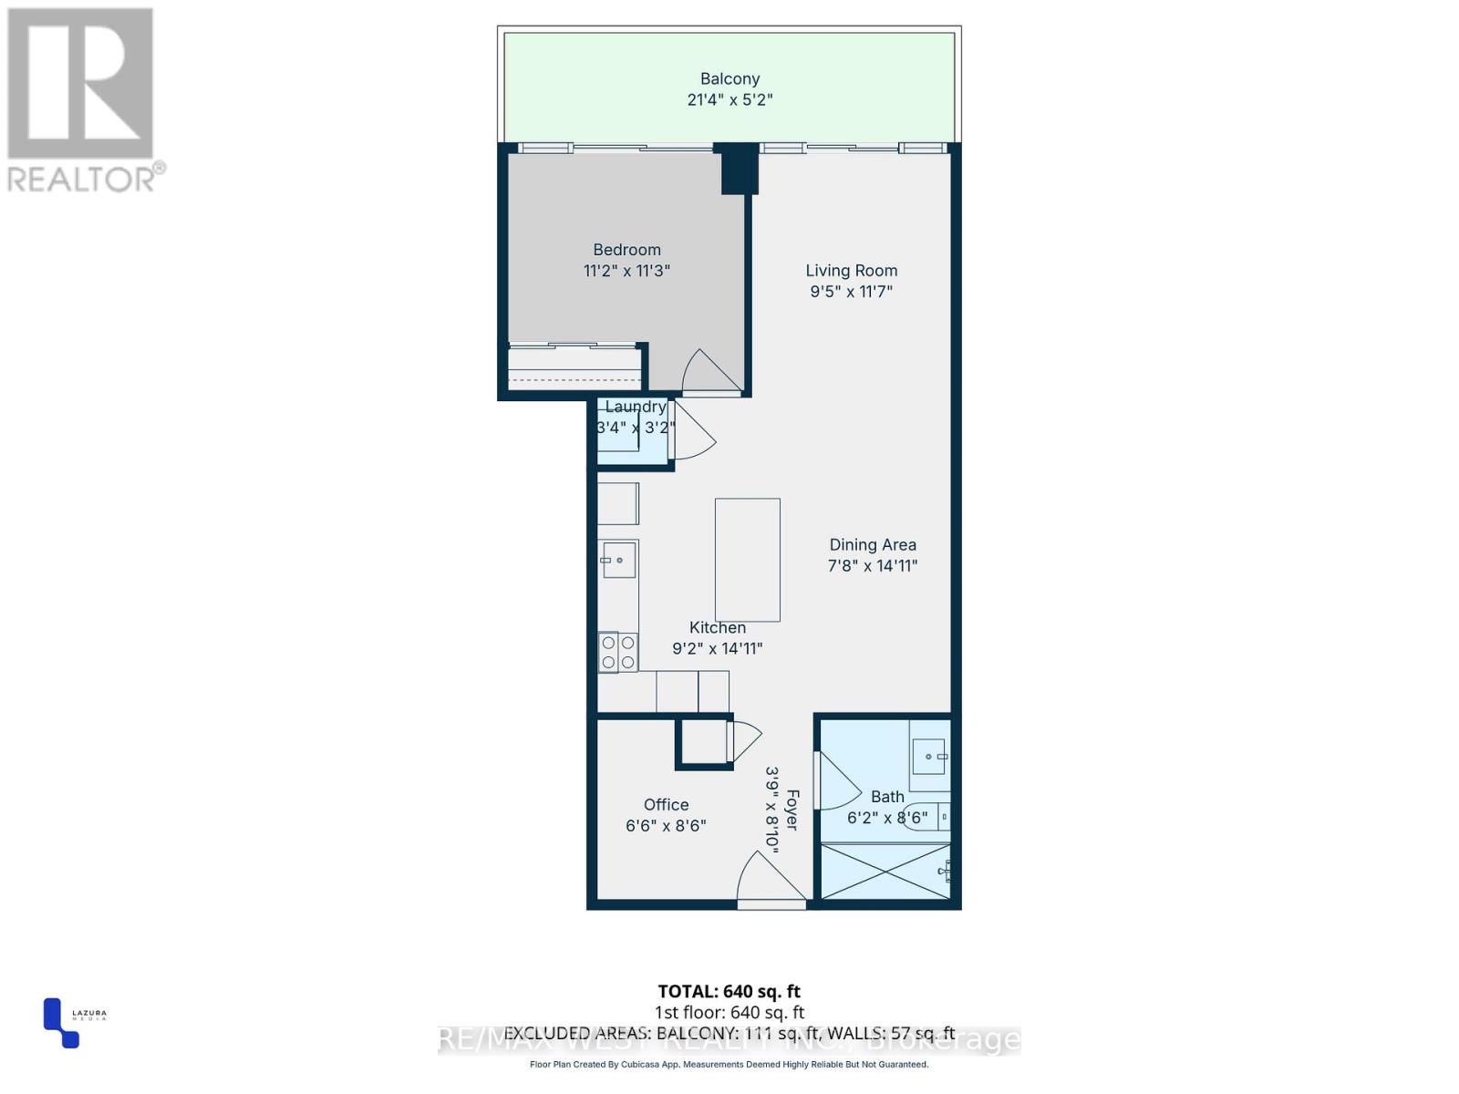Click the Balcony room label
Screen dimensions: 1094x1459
pos(729,79)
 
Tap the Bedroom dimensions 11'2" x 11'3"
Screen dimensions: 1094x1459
pos(626,271)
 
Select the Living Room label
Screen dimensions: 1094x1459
pos(851,271)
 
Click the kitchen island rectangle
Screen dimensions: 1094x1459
pos(747,560)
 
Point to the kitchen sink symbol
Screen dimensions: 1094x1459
pos(618,560)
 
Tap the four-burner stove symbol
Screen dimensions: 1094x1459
pos(617,652)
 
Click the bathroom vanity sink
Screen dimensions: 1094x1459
pos(929,757)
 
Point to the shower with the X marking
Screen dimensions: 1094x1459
pos(885,872)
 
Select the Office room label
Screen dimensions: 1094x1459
pos(666,805)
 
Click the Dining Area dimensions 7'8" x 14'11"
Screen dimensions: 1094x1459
pos(872,566)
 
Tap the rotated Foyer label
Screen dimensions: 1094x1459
pos(792,810)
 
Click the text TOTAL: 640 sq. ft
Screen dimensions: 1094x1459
pos(729,991)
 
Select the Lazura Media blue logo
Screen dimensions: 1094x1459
pos(60,1024)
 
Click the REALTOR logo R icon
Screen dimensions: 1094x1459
pos(80,83)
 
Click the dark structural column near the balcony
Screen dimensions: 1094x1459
pos(737,169)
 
